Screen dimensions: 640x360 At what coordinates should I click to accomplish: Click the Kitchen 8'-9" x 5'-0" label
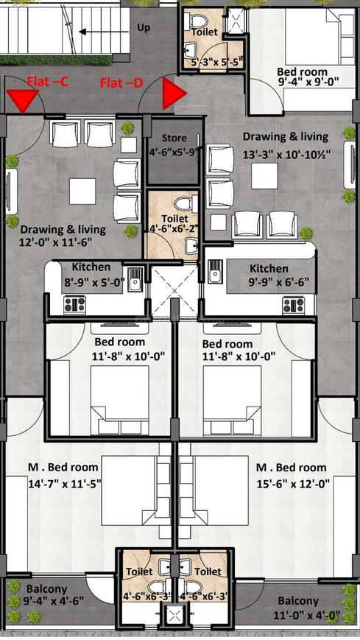(x=91, y=273)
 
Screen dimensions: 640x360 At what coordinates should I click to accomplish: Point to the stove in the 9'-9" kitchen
(x=294, y=303)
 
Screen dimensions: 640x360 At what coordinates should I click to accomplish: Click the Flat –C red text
(x=48, y=81)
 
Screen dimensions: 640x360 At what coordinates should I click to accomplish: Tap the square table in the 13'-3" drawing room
(x=263, y=175)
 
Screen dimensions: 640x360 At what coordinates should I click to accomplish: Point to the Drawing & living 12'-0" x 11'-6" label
(x=63, y=235)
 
